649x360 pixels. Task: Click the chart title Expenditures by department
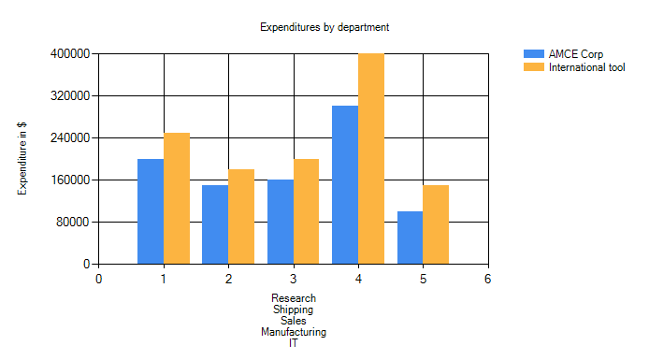324,27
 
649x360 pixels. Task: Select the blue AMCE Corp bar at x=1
151,211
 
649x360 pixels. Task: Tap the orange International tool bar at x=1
177,198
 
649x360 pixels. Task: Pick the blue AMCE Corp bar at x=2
215,224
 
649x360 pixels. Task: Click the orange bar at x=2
241,216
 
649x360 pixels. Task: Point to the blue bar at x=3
281,222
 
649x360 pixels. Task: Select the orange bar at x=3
307,211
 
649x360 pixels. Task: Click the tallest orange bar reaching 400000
371,158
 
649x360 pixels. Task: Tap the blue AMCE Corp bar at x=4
345,185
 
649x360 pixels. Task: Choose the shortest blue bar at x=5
411,238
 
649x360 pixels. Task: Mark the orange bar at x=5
436,224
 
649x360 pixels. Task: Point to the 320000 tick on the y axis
70,96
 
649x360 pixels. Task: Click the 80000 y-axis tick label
73,223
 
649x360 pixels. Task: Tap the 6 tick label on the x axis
488,279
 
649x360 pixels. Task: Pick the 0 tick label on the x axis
98,279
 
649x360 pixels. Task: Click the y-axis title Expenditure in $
22,158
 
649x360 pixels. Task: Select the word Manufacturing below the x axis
294,332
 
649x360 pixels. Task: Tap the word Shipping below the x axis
293,310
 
